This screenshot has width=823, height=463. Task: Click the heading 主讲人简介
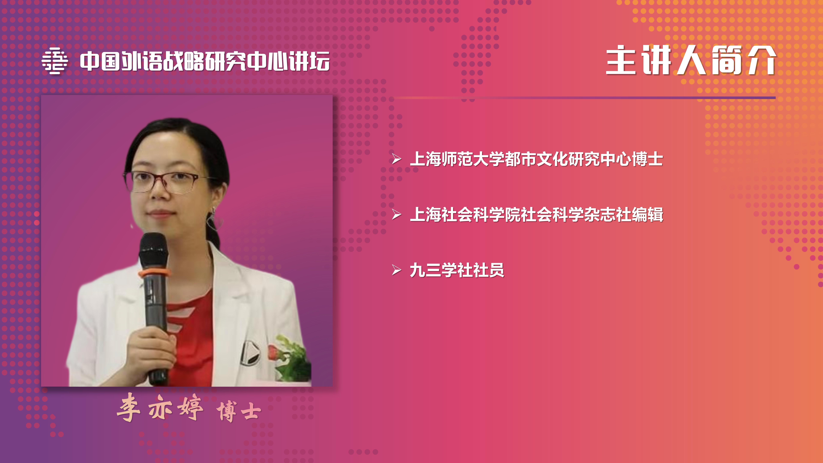pyautogui.click(x=691, y=60)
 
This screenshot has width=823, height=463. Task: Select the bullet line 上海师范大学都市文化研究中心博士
pyautogui.click(x=536, y=159)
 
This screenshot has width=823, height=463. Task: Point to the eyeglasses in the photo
pyautogui.click(x=168, y=182)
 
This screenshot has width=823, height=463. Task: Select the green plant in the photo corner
pyautogui.click(x=292, y=358)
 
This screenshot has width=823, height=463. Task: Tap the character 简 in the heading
pyautogui.click(x=726, y=60)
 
